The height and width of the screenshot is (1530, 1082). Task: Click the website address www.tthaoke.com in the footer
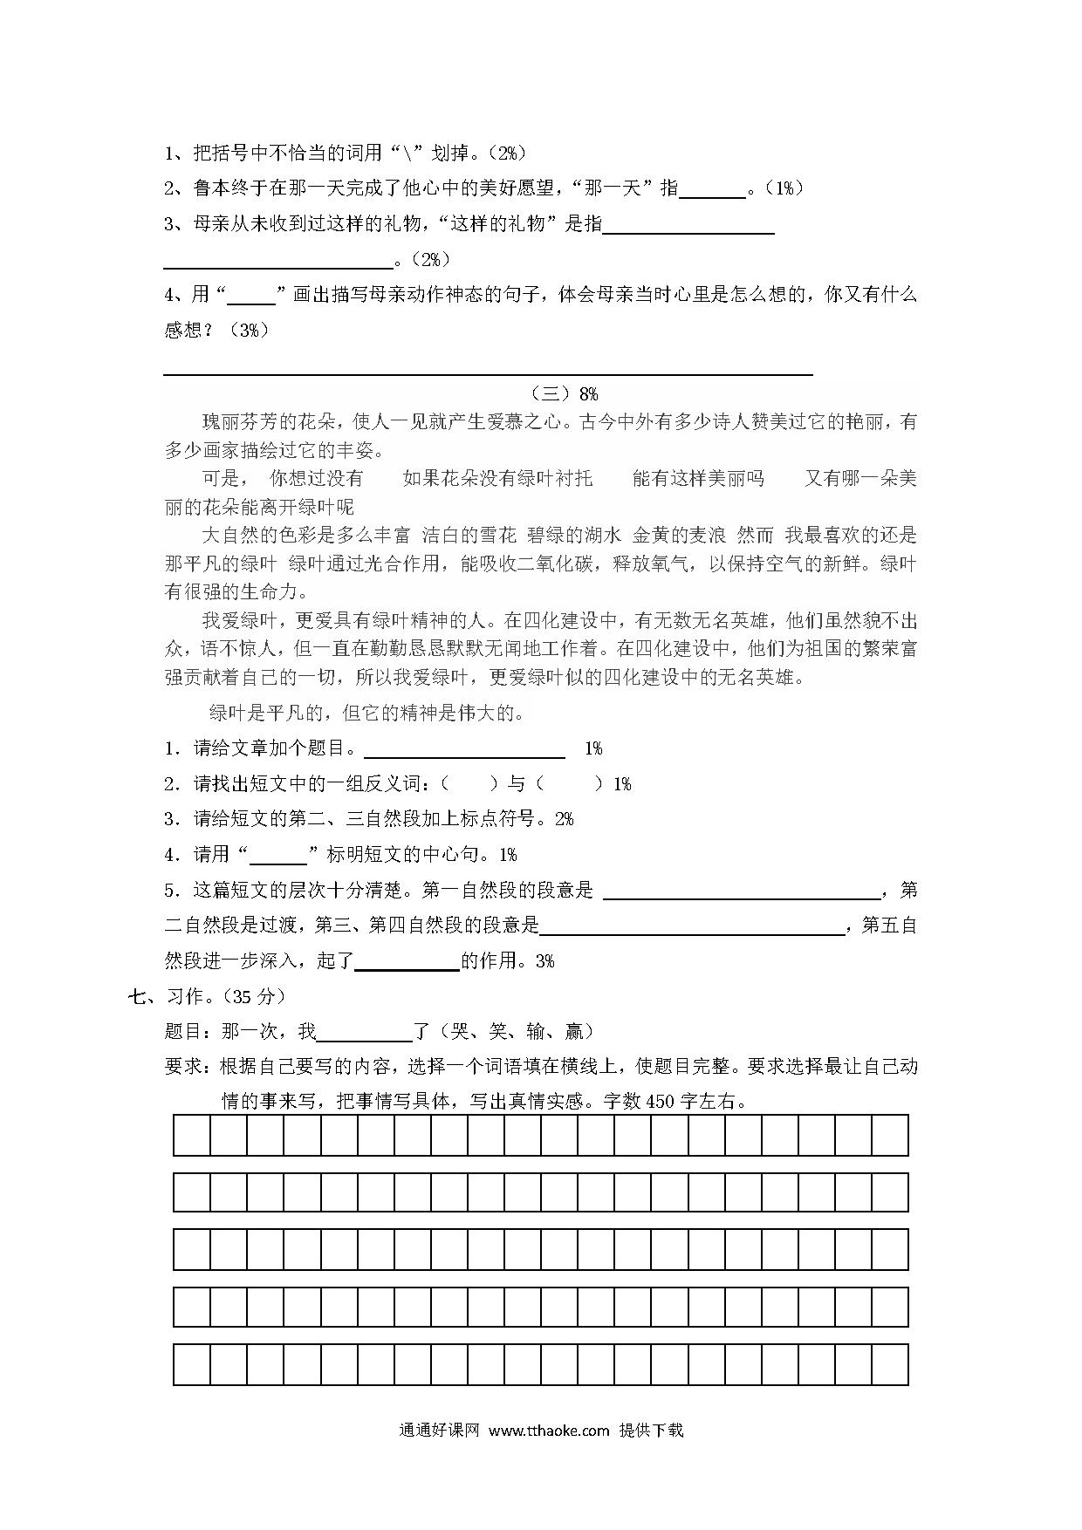(x=548, y=1430)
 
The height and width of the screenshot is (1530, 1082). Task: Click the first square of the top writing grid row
(x=192, y=1135)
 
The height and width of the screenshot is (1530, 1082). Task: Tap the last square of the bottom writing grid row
(x=889, y=1364)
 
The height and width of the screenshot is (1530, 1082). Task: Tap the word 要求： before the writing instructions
(x=192, y=1066)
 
